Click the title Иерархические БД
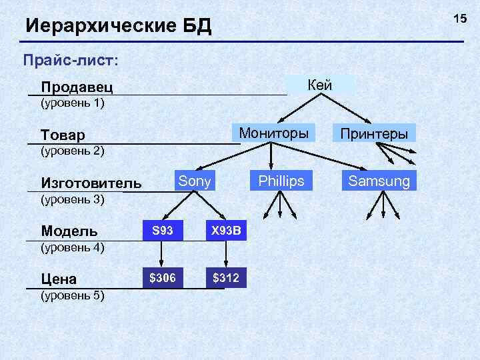pyautogui.click(x=118, y=27)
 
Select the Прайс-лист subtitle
pyautogui.click(x=71, y=60)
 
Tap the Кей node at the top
pyautogui.click(x=321, y=84)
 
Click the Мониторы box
pyautogui.click(x=274, y=133)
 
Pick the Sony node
pyautogui.click(x=195, y=181)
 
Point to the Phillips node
pyautogui.click(x=281, y=181)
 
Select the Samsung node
pyautogui.click(x=379, y=181)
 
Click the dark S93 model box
pyautogui.click(x=163, y=231)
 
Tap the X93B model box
pyautogui.click(x=226, y=231)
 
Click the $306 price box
pyautogui.click(x=163, y=277)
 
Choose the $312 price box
pyautogui.click(x=226, y=277)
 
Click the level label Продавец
pyautogui.click(x=77, y=87)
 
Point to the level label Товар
pyautogui.click(x=63, y=135)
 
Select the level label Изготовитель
pyautogui.click(x=91, y=183)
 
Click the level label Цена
pyautogui.click(x=59, y=279)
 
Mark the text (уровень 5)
pyautogui.click(x=73, y=295)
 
